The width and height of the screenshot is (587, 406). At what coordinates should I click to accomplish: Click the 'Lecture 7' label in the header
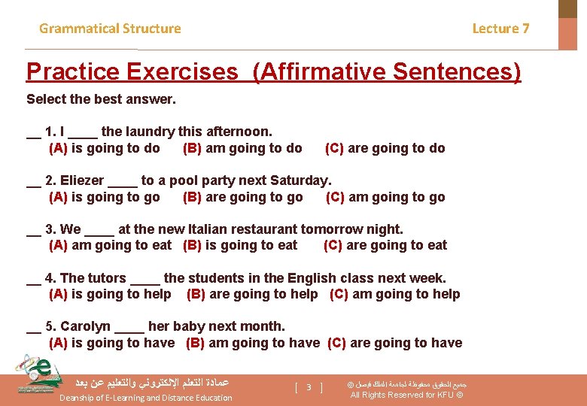coord(500,29)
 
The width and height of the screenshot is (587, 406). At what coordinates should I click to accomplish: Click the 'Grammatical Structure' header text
coord(110,29)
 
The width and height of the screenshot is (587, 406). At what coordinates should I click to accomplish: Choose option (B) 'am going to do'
coord(242,148)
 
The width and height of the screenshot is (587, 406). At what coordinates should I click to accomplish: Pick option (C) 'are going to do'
coord(385,148)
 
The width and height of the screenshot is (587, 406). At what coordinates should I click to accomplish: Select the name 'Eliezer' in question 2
coord(83,180)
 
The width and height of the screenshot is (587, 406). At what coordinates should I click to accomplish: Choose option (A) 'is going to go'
coord(104,197)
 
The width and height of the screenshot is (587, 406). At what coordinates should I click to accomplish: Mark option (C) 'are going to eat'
coord(385,245)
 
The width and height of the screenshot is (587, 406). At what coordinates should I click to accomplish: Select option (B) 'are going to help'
coord(252,294)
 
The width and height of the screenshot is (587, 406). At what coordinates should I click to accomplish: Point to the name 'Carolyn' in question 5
coord(85,326)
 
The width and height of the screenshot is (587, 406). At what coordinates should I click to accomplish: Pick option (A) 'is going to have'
coord(111,343)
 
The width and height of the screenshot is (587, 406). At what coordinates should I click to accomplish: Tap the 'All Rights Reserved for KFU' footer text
coord(406,395)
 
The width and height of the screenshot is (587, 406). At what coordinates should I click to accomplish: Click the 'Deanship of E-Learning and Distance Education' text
coord(146,398)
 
